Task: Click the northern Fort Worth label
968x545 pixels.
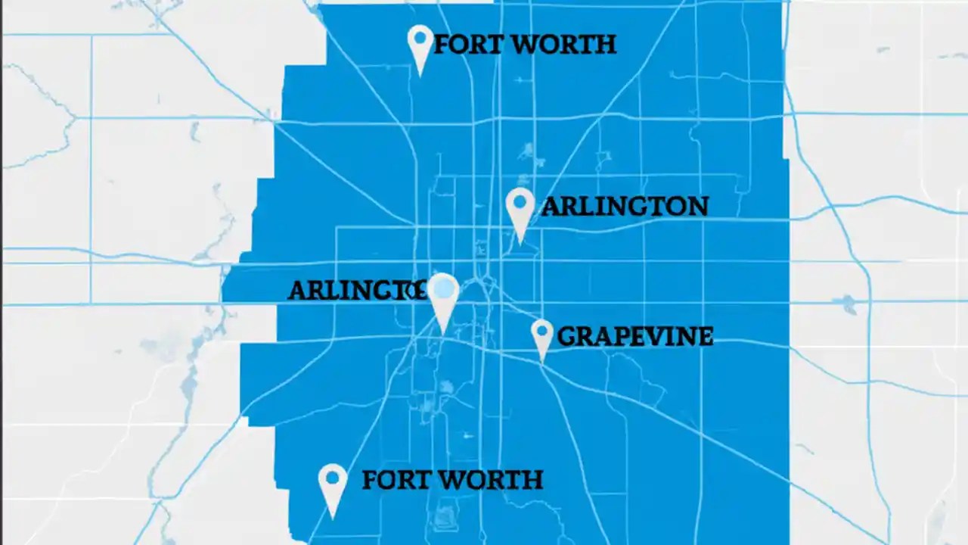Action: (524, 45)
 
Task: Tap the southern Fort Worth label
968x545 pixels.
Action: (452, 480)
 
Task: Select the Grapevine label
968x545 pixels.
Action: (634, 336)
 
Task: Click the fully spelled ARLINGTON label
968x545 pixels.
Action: (625, 206)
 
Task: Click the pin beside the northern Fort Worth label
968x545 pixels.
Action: (420, 45)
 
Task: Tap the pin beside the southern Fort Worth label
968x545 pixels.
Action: (333, 485)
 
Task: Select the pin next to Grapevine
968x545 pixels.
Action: (541, 337)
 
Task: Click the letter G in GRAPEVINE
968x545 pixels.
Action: (565, 336)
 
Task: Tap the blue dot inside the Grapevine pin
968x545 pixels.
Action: (541, 330)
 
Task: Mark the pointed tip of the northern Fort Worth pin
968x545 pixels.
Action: (421, 75)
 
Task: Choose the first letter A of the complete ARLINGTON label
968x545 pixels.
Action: (551, 206)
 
